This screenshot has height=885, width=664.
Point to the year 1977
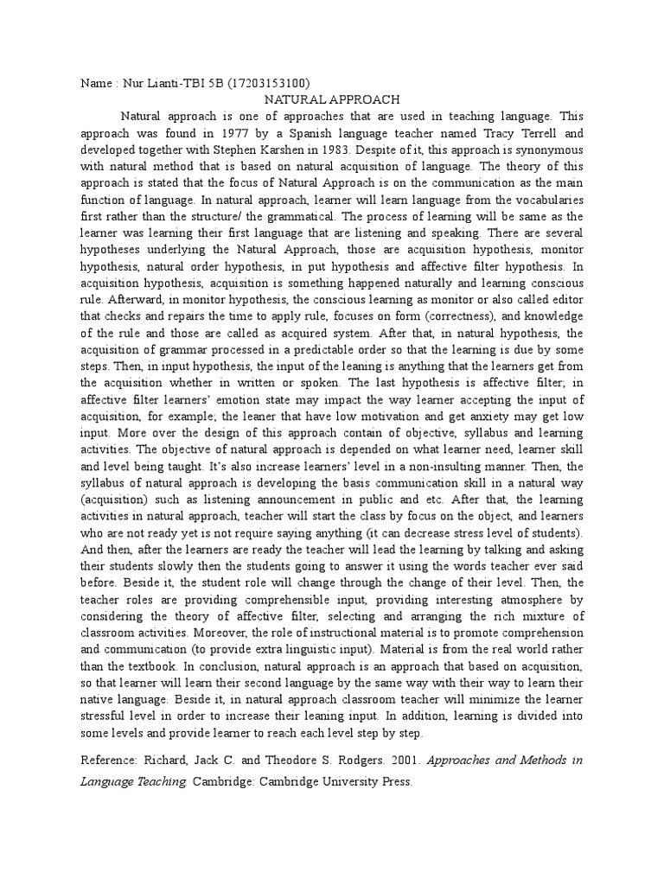coord(239,134)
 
